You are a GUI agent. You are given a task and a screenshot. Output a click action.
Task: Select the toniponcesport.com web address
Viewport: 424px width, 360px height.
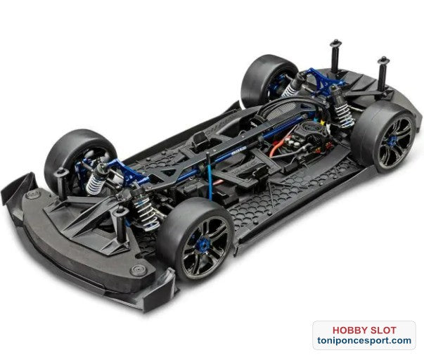[364, 340]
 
